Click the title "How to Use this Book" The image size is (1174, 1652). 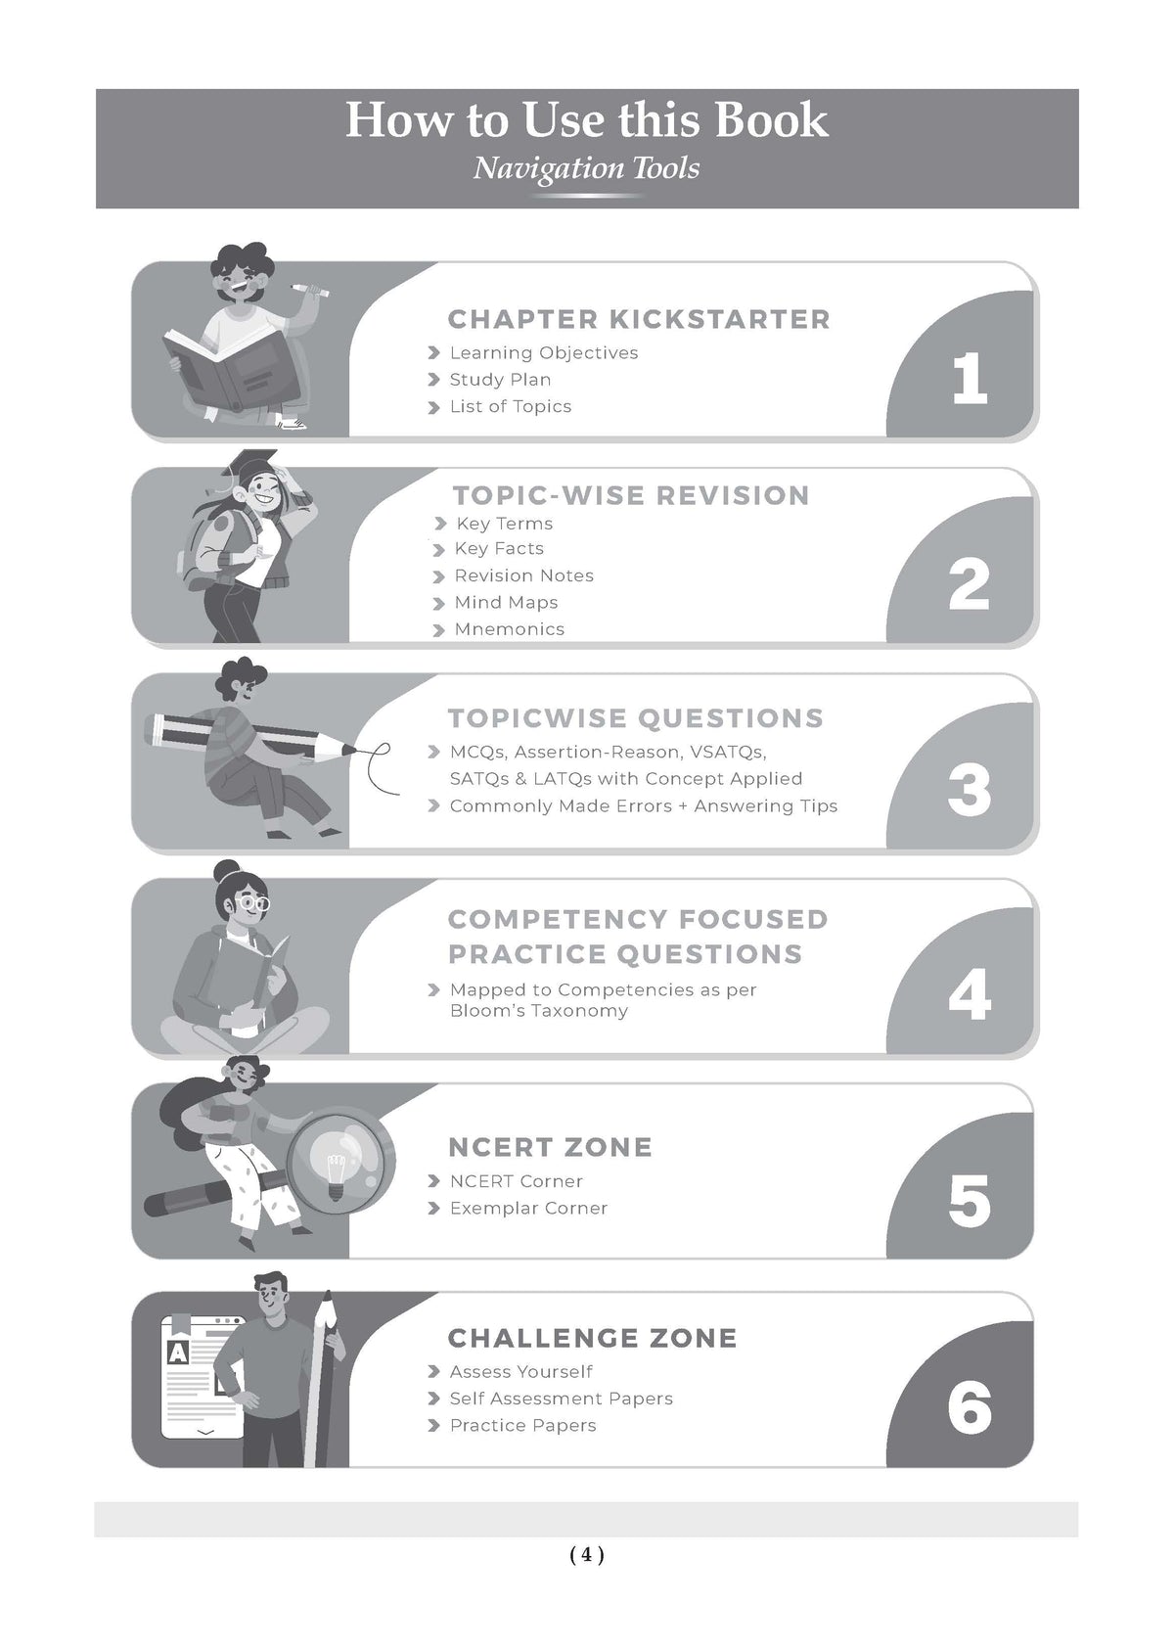tap(587, 120)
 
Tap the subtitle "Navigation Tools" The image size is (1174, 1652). tap(586, 169)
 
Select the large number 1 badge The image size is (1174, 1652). tap(969, 378)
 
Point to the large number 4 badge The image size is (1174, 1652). tap(969, 995)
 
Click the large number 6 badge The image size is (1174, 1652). tap(969, 1406)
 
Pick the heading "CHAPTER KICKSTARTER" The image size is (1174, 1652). tap(639, 319)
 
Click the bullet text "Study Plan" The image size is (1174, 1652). tap(500, 380)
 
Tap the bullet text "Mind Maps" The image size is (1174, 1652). tap(506, 603)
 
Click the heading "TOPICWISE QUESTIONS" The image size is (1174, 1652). tap(635, 718)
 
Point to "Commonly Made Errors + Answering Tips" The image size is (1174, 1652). tap(643, 806)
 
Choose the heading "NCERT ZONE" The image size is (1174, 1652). tap(550, 1148)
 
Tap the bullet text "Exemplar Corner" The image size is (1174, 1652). tap(528, 1208)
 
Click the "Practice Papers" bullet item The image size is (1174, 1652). tap(522, 1426)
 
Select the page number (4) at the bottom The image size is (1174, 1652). tap(587, 1555)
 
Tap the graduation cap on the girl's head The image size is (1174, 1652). tap(248, 462)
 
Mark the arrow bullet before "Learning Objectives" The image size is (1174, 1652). tap(433, 353)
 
